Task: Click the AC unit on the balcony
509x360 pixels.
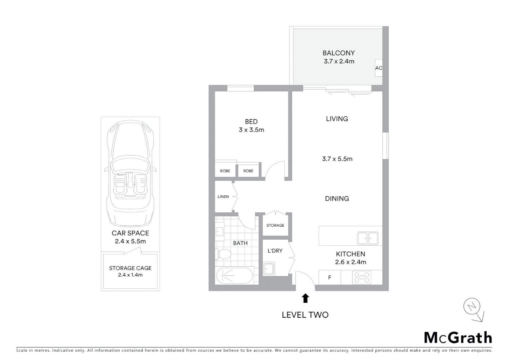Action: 379,68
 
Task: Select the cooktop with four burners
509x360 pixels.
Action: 362,277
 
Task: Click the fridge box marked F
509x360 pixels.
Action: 330,277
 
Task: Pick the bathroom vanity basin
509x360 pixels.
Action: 220,231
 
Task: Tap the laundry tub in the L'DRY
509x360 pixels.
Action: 269,269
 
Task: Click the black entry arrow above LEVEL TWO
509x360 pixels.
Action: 305,298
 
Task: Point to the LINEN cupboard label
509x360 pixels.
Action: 223,197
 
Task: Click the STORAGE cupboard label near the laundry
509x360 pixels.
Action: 275,225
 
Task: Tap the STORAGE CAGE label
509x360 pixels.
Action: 130,268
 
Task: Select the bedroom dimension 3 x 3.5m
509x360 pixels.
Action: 252,130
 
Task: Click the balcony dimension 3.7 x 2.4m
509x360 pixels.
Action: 339,61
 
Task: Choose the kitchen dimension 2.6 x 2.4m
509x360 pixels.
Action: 350,262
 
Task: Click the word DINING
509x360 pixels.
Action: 337,199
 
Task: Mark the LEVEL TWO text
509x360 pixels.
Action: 305,315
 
